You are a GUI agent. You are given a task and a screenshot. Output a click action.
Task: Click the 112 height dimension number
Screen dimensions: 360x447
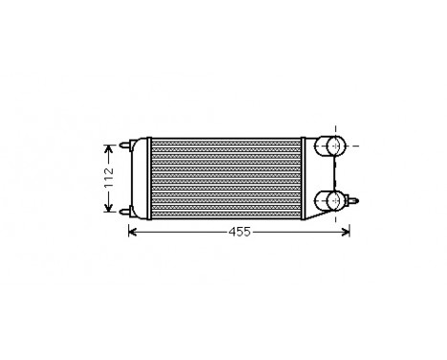coord(108,178)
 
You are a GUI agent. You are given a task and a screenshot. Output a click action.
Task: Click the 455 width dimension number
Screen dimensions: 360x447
coord(239,233)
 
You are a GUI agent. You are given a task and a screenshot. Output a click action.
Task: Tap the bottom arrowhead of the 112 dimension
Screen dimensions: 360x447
coord(108,209)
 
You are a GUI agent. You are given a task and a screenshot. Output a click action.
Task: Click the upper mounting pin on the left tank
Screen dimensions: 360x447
coord(124,146)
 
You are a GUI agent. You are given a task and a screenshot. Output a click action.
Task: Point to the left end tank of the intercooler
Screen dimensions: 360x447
coord(141,177)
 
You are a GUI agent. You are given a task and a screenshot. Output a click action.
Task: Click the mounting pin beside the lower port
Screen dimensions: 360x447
coord(356,200)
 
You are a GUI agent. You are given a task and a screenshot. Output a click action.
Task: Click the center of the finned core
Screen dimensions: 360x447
coord(226,177)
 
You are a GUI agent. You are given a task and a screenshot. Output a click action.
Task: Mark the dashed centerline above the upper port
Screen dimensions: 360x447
coord(334,129)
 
